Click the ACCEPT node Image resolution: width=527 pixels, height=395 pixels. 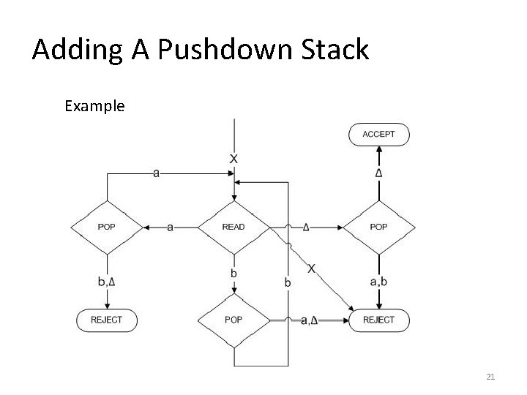click(378, 134)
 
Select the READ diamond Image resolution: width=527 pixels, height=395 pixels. click(233, 227)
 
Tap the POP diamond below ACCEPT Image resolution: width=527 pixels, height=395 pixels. click(378, 227)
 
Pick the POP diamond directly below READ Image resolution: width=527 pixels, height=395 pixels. click(233, 320)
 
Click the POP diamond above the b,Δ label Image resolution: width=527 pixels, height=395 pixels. click(107, 227)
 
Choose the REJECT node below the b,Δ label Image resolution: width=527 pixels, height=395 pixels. click(107, 320)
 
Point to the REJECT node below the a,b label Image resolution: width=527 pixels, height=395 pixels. click(378, 320)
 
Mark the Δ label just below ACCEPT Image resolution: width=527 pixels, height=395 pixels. click(378, 173)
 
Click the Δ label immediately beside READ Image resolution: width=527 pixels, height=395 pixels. click(306, 227)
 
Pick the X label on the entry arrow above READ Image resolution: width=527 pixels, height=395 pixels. click(233, 159)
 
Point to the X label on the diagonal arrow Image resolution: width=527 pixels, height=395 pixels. click(313, 268)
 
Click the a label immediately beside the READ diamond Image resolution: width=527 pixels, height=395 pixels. click(171, 227)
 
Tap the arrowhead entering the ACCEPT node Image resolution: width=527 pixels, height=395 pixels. click(378, 148)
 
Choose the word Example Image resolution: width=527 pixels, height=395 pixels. click(94, 106)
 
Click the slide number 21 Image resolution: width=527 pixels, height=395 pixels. click(490, 377)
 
